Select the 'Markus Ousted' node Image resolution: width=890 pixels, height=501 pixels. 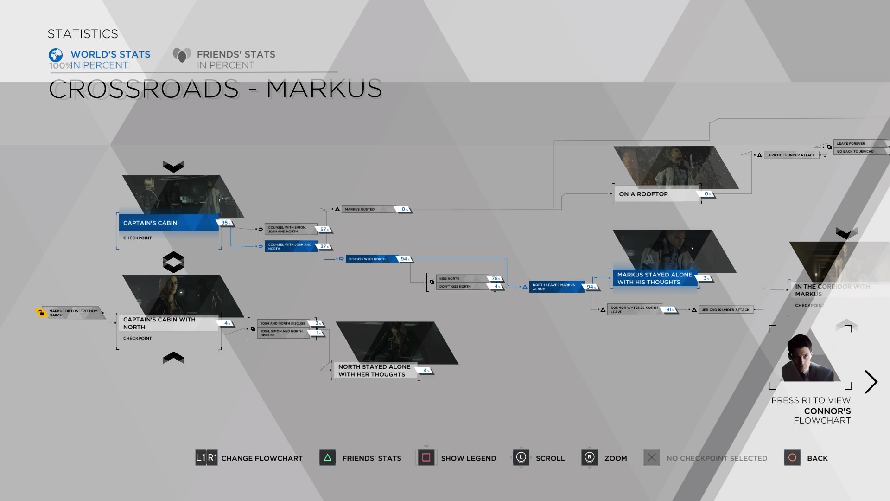[x=366, y=209]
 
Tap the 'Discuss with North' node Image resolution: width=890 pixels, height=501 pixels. [x=371, y=259]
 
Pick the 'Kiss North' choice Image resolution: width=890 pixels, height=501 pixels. [x=461, y=278]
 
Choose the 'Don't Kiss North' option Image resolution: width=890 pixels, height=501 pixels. [x=461, y=286]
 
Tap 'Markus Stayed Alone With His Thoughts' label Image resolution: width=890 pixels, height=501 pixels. [x=655, y=278]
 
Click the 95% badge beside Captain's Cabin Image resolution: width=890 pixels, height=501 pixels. [x=225, y=223]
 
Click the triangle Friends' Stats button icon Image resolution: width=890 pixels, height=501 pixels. [x=327, y=458]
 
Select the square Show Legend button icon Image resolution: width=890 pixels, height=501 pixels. [x=426, y=458]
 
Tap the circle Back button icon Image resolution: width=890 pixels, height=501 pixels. [x=792, y=458]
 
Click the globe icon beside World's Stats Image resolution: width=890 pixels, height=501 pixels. [x=56, y=55]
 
